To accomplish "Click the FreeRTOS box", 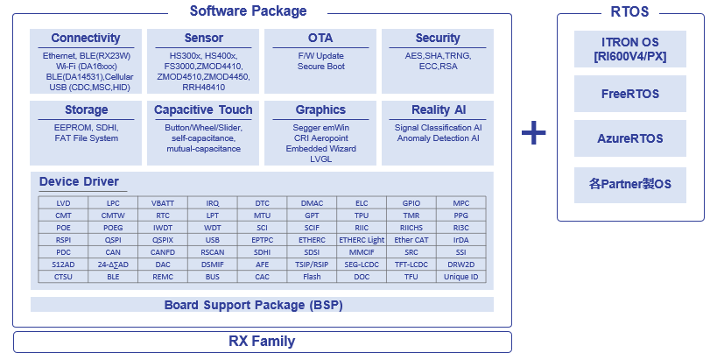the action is pyautogui.click(x=629, y=94).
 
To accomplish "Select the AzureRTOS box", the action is pyautogui.click(x=629, y=138).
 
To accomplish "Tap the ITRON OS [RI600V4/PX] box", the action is pyautogui.click(x=629, y=49).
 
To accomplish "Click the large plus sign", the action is pyautogui.click(x=534, y=133).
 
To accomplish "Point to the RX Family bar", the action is pyautogui.click(x=263, y=342).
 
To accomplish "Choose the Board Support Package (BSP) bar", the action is pyautogui.click(x=263, y=305).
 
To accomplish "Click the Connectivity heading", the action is pyautogui.click(x=86, y=38).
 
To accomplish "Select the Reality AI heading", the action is pyautogui.click(x=439, y=110).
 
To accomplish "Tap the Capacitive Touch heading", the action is pyautogui.click(x=203, y=110).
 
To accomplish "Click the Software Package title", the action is pyautogui.click(x=248, y=11).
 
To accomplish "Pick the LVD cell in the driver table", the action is pyautogui.click(x=63, y=203).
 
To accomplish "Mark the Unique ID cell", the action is pyautogui.click(x=460, y=277).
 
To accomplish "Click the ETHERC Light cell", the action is pyautogui.click(x=362, y=240).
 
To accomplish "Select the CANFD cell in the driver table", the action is pyautogui.click(x=163, y=252).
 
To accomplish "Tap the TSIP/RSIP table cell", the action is pyautogui.click(x=312, y=265).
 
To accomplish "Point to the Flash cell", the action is pyautogui.click(x=312, y=277).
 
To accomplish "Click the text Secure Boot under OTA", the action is pyautogui.click(x=321, y=66).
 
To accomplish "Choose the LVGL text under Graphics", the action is pyautogui.click(x=321, y=159).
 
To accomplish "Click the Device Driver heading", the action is pyautogui.click(x=79, y=181).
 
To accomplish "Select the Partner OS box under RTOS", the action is pyautogui.click(x=629, y=185).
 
